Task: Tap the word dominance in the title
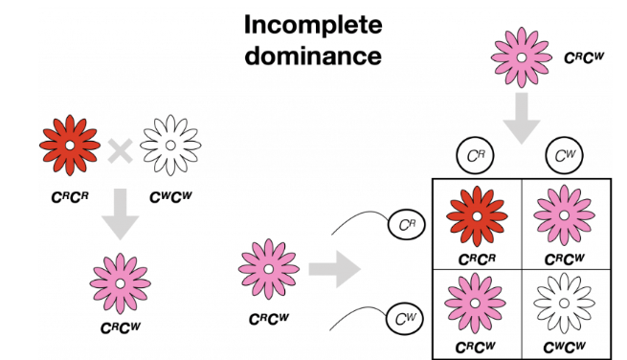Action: coord(313,56)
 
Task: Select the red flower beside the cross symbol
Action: coord(70,146)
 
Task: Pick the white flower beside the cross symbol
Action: coord(170,146)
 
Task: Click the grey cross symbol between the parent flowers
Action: coord(120,151)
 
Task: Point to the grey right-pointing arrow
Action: coord(335,269)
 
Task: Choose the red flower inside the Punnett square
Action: coord(477,216)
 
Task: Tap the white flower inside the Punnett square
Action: coord(564,304)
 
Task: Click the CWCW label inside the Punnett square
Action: coord(564,347)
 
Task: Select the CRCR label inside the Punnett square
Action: coord(477,259)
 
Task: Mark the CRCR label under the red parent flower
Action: coord(70,197)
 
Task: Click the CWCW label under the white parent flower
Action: coord(170,197)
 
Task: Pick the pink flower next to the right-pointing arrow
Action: coord(269,269)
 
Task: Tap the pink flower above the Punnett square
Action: coord(522,57)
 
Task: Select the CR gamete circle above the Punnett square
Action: coord(475,156)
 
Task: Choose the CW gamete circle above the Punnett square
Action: coord(564,156)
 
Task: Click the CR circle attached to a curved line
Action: coord(407,224)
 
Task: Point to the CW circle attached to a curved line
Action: coord(405,319)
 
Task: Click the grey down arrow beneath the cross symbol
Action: coord(120,214)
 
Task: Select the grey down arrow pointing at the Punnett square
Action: coord(522,119)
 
